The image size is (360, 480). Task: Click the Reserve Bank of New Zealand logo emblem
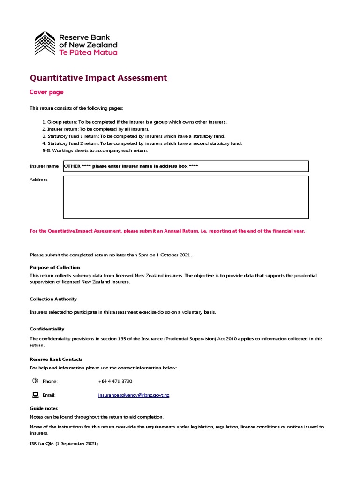coord(45,43)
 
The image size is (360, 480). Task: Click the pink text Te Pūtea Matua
coord(88,52)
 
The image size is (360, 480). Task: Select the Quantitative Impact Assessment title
coord(98,78)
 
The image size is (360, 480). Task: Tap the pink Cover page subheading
coord(46,92)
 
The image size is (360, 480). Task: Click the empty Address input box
coord(186,197)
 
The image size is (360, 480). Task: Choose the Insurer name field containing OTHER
coord(186,166)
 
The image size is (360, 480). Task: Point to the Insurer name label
coord(44,166)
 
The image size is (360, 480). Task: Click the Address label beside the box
coord(38,180)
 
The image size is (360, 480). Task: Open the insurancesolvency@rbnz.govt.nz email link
coord(134,395)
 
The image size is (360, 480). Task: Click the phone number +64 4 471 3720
coord(115,381)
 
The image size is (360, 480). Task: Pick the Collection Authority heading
coord(53,299)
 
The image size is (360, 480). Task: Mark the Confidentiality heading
coord(47,329)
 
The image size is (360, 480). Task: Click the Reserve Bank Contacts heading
coord(56,359)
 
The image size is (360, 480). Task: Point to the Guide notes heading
coord(44,408)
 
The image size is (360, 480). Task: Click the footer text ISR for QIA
coord(64,443)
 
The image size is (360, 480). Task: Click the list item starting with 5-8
coord(95,150)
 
